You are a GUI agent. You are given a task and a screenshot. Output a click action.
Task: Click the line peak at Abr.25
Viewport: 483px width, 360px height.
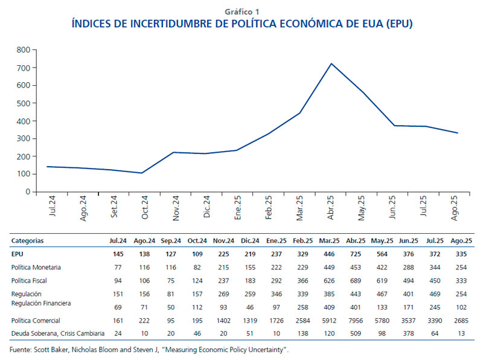point(331,63)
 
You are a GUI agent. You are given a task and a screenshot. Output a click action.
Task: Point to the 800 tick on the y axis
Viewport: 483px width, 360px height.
point(24,49)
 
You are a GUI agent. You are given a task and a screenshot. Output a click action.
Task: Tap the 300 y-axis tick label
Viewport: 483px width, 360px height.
point(24,138)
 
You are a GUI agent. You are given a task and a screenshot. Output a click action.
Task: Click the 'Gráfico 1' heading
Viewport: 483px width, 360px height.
point(241,11)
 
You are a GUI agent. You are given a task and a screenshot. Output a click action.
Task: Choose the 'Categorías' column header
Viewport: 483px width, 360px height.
point(28,241)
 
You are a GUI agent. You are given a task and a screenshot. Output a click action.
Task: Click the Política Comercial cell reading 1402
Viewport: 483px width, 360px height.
point(203,321)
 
